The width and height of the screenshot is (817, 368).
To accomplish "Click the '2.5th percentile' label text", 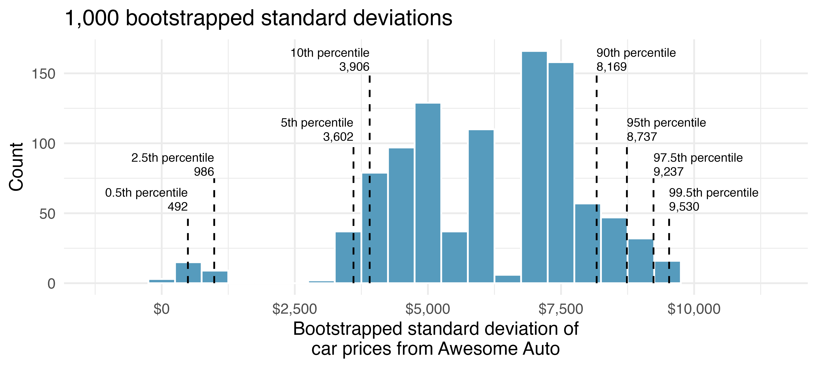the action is coord(173,158).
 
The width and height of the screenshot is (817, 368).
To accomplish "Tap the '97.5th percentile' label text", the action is coord(698,158).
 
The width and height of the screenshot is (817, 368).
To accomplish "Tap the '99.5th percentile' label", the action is coord(714,193).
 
